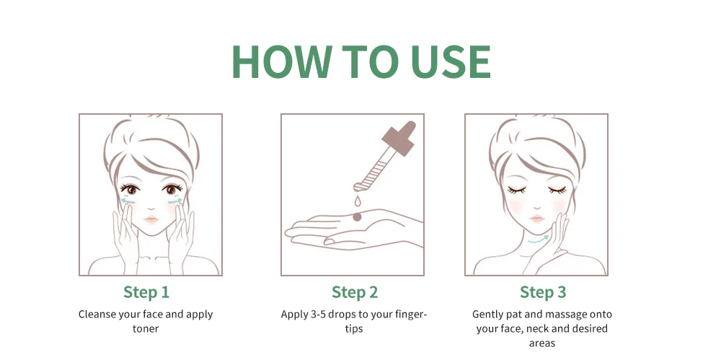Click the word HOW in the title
coord(282,62)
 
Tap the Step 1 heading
coord(146,292)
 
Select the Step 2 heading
coord(355,292)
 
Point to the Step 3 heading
coord(543,292)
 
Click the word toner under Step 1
coord(146,329)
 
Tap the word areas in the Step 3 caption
coord(542,343)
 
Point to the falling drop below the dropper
coord(357,201)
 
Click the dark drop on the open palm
coord(357,217)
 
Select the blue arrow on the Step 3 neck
coord(539,240)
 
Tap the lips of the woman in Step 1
coord(151,219)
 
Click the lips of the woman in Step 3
coord(537,218)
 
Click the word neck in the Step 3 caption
coord(538,329)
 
